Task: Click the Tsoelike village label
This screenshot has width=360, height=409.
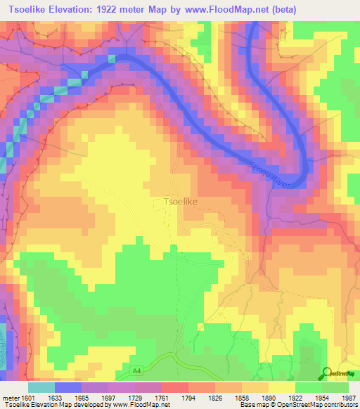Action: (180, 202)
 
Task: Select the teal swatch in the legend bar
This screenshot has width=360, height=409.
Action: (41, 387)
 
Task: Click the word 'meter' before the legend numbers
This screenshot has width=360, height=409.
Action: (11, 398)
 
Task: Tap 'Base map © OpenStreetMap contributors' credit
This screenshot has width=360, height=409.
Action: (297, 405)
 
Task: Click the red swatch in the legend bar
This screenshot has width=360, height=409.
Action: (174, 387)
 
